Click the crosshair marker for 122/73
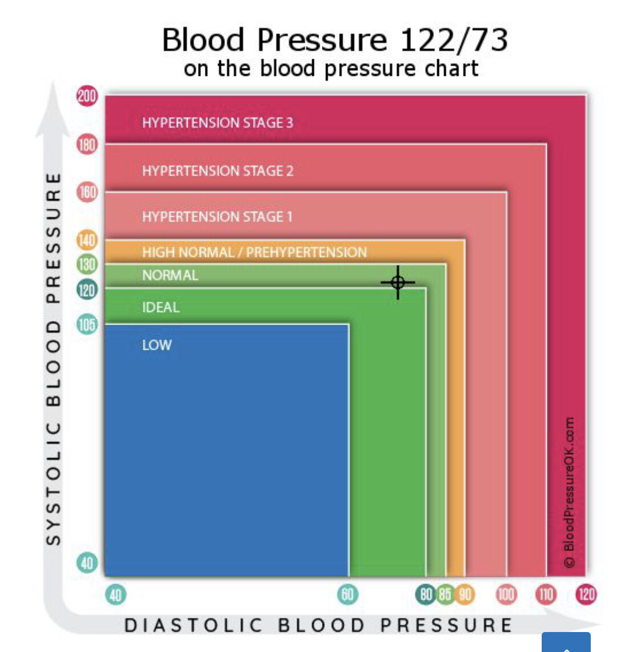pyautogui.click(x=398, y=282)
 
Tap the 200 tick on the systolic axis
pyautogui.click(x=87, y=95)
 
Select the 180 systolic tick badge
pyautogui.click(x=87, y=144)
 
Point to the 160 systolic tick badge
pyautogui.click(x=87, y=192)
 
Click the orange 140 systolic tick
pyautogui.click(x=87, y=240)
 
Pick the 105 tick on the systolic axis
pyautogui.click(x=87, y=325)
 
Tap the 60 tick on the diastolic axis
pyautogui.click(x=347, y=594)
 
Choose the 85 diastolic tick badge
pyautogui.click(x=445, y=594)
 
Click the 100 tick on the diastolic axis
pyautogui.click(x=506, y=594)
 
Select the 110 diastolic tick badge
pyautogui.click(x=546, y=594)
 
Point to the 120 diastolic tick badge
pyautogui.click(x=586, y=594)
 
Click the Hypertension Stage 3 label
pyautogui.click(x=217, y=123)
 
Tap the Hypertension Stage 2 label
pyautogui.click(x=217, y=171)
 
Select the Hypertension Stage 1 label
pyautogui.click(x=217, y=217)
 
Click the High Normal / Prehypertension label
pyautogui.click(x=255, y=252)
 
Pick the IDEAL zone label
pyautogui.click(x=160, y=307)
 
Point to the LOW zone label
pyautogui.click(x=156, y=345)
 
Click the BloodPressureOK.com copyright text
pyautogui.click(x=568, y=492)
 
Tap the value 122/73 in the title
pyautogui.click(x=454, y=40)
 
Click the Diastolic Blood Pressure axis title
pyautogui.click(x=318, y=625)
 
